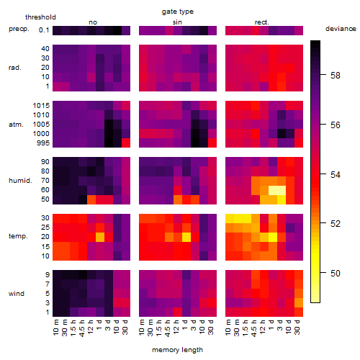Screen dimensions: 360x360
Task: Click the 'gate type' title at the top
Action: click(178, 12)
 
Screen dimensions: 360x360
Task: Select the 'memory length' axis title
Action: click(177, 350)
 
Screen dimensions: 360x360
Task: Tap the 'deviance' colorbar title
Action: click(341, 29)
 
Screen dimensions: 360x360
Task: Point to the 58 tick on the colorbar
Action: click(336, 76)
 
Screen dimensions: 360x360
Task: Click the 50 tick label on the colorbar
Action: click(336, 274)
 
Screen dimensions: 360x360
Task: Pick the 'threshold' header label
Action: click(40, 17)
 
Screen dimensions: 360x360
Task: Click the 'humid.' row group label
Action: click(20, 181)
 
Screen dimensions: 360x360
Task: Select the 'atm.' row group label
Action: click(16, 125)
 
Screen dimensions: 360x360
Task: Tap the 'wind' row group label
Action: click(17, 294)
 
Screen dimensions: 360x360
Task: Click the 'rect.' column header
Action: click(262, 22)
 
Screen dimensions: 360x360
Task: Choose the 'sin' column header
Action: click(177, 22)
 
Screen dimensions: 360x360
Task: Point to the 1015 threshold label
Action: click(41, 106)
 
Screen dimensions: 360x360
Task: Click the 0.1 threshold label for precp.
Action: click(44, 30)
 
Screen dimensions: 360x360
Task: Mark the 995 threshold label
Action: click(43, 143)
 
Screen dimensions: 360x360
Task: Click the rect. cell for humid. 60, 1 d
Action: click(273, 190)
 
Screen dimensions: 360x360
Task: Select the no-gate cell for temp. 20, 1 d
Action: click(100, 238)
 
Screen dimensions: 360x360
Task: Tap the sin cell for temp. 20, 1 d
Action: click(186, 238)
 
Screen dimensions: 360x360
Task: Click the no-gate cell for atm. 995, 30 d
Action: click(126, 143)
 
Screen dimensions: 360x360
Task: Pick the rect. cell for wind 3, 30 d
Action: click(299, 303)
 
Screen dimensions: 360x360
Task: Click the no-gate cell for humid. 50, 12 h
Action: click(91, 199)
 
